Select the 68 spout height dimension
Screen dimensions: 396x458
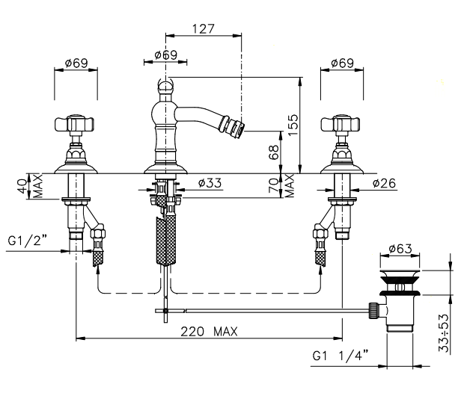point(275,152)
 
